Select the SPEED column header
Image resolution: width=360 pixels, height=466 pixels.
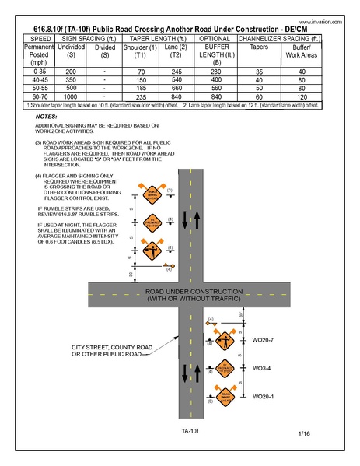pyautogui.click(x=40, y=37)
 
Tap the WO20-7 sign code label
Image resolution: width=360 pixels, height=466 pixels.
pyautogui.click(x=264, y=340)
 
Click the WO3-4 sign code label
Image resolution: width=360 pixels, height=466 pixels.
pyautogui.click(x=262, y=368)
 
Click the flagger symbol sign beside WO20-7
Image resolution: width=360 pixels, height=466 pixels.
pyautogui.click(x=226, y=341)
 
